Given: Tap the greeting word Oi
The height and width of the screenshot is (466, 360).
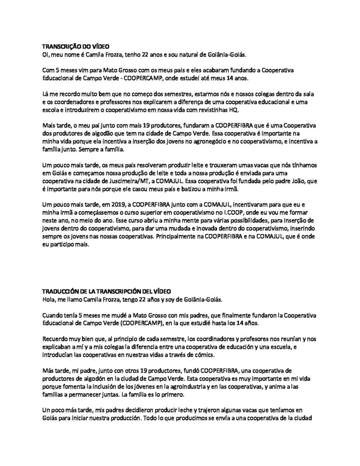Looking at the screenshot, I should tap(46, 55).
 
